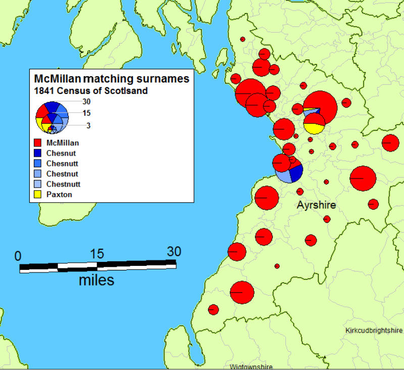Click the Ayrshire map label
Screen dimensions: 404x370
point(317,205)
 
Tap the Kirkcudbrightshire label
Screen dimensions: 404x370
point(374,331)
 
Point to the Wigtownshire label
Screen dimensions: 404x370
point(251,366)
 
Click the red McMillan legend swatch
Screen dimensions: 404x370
point(37,143)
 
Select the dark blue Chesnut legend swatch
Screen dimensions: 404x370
point(37,153)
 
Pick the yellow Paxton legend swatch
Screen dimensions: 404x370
point(37,195)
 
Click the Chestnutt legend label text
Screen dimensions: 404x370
point(64,184)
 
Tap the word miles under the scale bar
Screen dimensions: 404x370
point(96,280)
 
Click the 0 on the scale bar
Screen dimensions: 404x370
point(18,256)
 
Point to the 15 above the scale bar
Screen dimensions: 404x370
point(97,254)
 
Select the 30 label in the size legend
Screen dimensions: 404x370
point(86,102)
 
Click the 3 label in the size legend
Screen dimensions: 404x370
point(88,125)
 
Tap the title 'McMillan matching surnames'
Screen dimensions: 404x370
point(112,79)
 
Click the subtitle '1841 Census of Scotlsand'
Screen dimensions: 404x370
point(91,91)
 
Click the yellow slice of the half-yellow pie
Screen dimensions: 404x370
point(314,129)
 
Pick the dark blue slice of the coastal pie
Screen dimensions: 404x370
point(296,173)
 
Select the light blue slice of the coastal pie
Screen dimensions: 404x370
point(283,176)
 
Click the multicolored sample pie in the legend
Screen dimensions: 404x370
point(52,118)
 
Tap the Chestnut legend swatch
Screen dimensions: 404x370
point(37,174)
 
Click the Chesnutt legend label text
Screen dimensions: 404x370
point(62,163)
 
